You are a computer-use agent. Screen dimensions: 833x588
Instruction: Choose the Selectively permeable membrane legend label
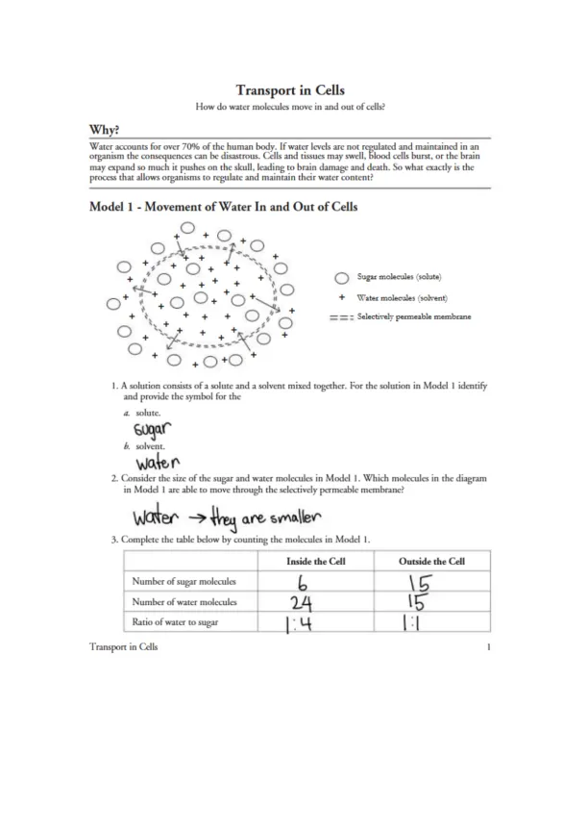413,317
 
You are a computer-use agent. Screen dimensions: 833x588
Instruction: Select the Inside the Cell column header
318,561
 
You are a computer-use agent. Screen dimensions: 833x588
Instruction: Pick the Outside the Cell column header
431,561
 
